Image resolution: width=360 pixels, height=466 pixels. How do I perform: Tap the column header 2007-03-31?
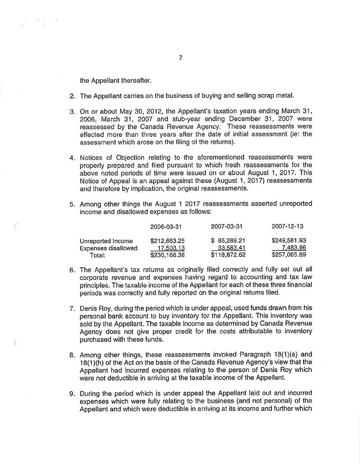point(228,226)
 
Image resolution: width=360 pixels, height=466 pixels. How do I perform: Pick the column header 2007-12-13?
point(289,226)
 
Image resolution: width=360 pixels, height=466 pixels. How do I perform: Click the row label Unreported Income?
point(106,241)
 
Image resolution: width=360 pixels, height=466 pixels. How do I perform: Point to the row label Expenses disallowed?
point(108,248)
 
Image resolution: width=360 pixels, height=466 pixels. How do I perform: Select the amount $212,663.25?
point(167,241)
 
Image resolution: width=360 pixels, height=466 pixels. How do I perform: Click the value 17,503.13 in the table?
point(169,248)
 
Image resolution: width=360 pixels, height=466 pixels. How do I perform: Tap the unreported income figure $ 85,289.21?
point(228,241)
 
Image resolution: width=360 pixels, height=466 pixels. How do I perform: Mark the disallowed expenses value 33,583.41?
point(230,248)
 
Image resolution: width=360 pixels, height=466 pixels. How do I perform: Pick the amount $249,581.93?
point(289,241)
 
